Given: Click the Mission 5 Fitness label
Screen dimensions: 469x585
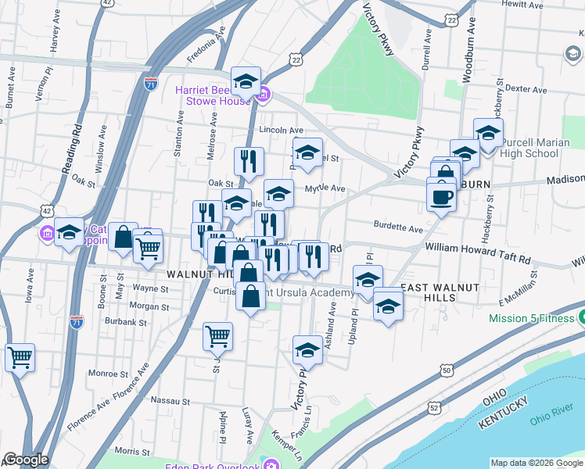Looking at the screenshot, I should pyautogui.click(x=531, y=318).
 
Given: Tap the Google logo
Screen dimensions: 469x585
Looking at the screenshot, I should pyautogui.click(x=25, y=460).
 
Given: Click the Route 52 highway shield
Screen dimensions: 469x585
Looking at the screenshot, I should pyautogui.click(x=434, y=406).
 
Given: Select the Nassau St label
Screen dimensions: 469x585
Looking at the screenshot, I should pyautogui.click(x=170, y=400).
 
